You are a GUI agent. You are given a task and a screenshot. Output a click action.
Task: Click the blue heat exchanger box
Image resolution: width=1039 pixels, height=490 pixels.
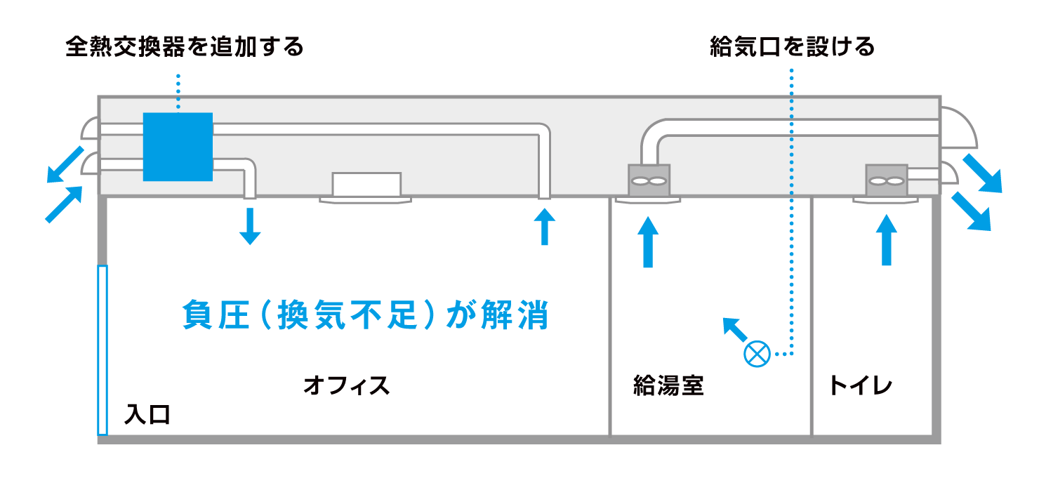coord(178,147)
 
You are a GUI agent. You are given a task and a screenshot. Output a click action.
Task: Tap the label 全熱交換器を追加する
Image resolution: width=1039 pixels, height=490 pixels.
coord(185,47)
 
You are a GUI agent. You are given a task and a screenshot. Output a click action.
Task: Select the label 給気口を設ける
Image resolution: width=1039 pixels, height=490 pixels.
coord(792,47)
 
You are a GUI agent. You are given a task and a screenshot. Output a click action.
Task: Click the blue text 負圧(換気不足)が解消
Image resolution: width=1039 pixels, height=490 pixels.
coord(366,314)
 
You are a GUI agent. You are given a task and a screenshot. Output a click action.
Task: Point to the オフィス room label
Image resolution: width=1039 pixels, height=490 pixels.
coord(347,385)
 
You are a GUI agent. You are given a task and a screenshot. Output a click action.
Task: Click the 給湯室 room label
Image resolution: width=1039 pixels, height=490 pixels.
coord(668,385)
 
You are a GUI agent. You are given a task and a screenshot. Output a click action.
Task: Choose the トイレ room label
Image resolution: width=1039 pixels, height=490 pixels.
coord(861,385)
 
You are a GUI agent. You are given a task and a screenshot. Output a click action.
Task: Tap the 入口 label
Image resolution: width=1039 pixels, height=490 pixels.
coord(147,414)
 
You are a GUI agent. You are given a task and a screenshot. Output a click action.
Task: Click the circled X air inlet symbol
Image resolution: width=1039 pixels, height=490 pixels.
coord(757,354)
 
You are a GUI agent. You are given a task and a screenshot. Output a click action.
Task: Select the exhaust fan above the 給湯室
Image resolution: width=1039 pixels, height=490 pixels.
coord(649,180)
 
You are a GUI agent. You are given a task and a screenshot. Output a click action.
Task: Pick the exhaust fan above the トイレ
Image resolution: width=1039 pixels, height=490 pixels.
coord(887,180)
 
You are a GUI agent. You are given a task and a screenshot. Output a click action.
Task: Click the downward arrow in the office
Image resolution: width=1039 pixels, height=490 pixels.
coord(250,226)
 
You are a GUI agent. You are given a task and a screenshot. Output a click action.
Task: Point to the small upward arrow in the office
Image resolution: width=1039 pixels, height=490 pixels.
coord(545,227)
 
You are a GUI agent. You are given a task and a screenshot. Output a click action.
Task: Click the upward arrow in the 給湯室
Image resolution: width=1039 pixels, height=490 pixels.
coord(648,241)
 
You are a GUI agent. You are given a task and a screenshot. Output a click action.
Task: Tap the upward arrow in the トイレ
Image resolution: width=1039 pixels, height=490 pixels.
coord(887,240)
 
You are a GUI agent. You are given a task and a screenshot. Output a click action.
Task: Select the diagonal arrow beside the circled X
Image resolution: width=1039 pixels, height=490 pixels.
coord(735,329)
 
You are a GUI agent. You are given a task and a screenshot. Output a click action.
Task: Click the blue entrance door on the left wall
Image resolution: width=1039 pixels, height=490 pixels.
coord(102,350)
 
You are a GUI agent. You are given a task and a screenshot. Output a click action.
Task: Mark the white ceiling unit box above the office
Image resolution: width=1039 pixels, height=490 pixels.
coord(366,185)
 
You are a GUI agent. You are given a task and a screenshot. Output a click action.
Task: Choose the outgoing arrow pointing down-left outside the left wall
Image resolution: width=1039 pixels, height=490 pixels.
coord(65,165)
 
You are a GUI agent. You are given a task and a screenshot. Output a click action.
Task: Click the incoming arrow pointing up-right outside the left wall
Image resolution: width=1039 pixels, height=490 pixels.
coord(64,204)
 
